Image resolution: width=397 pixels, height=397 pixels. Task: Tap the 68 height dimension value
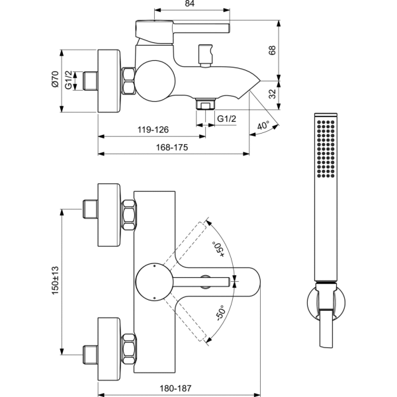(x=271, y=50)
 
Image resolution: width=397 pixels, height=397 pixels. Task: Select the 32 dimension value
(x=271, y=94)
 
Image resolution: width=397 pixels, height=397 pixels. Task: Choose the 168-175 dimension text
(x=174, y=148)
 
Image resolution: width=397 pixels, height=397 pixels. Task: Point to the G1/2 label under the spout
(x=228, y=118)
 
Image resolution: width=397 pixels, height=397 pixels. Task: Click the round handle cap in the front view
(x=151, y=281)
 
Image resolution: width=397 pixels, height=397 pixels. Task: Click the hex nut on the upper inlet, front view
(x=130, y=215)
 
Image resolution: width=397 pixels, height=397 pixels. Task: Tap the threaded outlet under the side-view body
(x=205, y=104)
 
